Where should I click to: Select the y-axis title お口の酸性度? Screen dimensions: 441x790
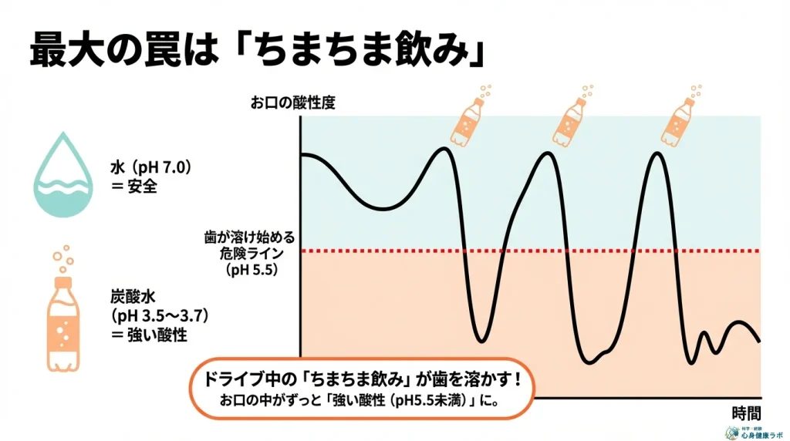tap(292, 103)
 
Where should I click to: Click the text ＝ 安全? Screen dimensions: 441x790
tap(135, 186)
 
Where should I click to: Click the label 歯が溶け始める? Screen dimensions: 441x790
tap(250, 237)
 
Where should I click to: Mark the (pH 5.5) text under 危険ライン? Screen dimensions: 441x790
tap(252, 270)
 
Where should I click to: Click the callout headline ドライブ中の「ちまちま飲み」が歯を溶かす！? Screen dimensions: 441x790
tap(360, 380)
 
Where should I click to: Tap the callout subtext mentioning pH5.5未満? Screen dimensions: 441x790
tap(360, 401)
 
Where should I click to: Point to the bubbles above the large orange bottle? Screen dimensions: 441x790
tap(62, 258)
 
